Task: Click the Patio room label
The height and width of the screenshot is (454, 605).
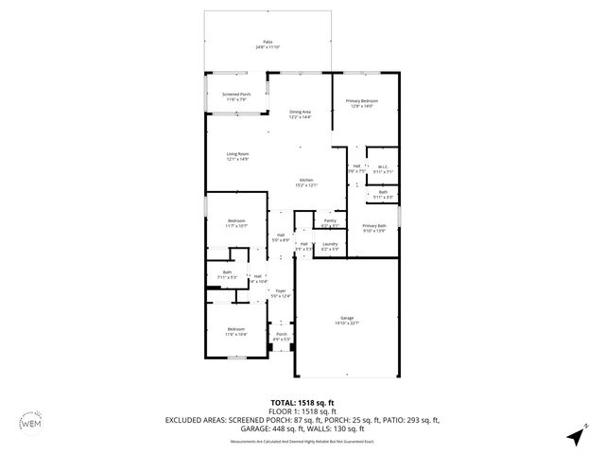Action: [268, 44]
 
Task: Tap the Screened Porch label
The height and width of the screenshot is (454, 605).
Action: [236, 96]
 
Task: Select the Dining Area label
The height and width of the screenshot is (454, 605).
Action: [300, 113]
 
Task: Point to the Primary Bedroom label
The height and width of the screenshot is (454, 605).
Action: [363, 102]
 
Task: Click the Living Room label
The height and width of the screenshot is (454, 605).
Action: [237, 156]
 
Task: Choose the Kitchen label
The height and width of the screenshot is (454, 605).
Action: [306, 182]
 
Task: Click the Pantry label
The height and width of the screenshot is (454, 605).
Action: [329, 222]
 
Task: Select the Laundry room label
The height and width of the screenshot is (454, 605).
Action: [329, 246]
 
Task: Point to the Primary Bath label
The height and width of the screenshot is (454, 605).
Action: [374, 227]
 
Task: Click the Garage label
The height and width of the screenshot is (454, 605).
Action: [347, 319]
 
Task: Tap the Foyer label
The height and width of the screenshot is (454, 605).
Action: [280, 293]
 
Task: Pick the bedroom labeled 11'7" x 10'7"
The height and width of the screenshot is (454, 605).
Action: [236, 224]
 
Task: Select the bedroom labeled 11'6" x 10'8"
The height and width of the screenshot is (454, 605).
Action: [235, 332]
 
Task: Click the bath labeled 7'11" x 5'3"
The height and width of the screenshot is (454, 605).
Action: [227, 275]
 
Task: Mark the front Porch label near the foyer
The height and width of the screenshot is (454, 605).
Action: [281, 337]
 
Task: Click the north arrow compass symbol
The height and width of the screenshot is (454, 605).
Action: [574, 435]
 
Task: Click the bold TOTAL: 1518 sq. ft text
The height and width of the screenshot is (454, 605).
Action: [302, 402]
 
